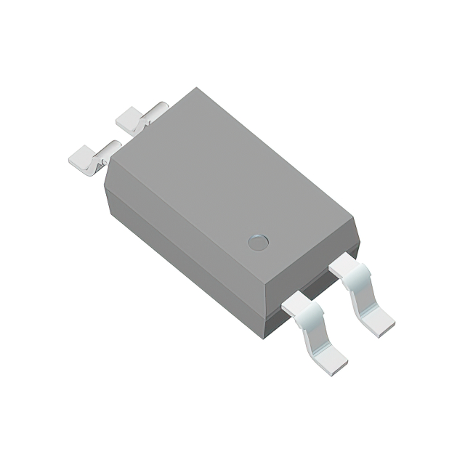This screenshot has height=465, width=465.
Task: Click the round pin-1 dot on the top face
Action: tap(258, 242)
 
